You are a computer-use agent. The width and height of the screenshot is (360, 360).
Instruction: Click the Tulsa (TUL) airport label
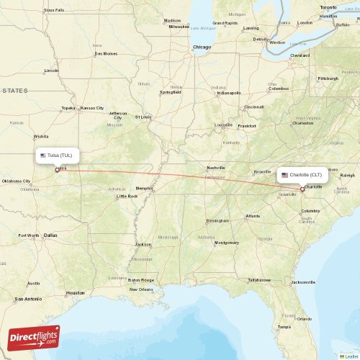click(59, 155)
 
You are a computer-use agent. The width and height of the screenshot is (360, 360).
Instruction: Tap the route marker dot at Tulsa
click(57, 170)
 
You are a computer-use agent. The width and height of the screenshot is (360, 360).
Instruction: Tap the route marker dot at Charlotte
click(302, 189)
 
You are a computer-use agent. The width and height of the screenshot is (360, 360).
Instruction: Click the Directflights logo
click(35, 337)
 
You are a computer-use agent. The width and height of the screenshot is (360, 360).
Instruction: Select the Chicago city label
click(202, 47)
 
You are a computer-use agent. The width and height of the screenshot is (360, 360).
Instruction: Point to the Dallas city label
click(50, 235)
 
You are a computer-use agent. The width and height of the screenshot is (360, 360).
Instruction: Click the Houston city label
click(75, 293)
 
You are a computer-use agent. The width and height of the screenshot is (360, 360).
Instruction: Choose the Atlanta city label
click(253, 216)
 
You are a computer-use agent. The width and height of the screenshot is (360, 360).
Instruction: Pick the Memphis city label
click(145, 189)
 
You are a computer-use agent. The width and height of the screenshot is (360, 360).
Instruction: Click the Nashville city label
click(216, 168)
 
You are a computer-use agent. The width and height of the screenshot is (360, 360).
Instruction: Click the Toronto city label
click(328, 7)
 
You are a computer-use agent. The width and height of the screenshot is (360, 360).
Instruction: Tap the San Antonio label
click(29, 299)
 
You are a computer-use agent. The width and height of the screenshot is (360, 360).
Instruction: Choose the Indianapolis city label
click(229, 93)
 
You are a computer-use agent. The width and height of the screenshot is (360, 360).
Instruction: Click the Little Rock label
click(127, 196)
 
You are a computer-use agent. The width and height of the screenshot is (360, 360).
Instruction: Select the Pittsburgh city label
click(328, 78)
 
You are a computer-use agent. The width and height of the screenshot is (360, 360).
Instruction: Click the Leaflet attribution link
click(351, 356)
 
